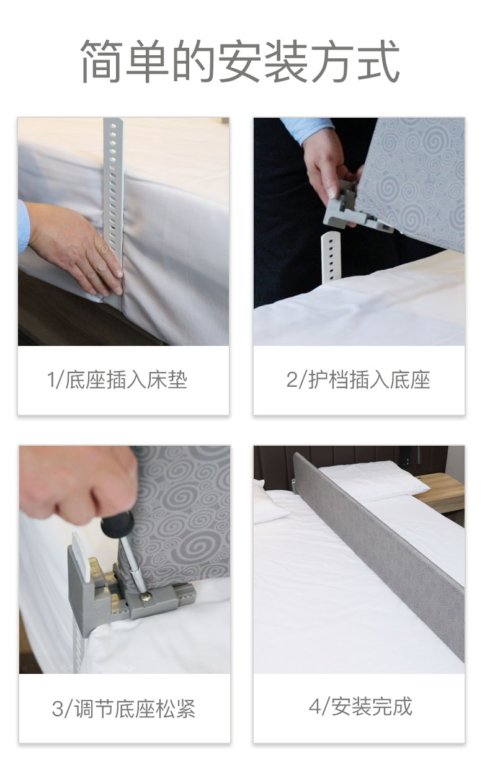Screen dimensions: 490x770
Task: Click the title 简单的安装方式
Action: click(239, 61)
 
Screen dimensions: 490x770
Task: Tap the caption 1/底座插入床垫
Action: click(117, 380)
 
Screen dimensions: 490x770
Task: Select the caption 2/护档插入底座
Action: click(359, 380)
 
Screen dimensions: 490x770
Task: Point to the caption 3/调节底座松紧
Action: click(123, 709)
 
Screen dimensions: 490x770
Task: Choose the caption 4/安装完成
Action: click(360, 706)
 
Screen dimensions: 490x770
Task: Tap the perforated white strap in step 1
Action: click(113, 210)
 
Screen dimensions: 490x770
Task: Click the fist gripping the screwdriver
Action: click(78, 485)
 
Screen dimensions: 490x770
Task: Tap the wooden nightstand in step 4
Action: click(442, 492)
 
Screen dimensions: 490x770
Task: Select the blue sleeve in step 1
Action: click(23, 227)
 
